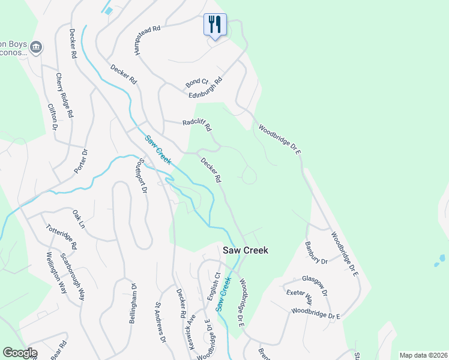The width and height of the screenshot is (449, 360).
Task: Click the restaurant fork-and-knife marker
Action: click(x=215, y=25)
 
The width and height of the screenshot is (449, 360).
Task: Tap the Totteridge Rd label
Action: click(x=62, y=237)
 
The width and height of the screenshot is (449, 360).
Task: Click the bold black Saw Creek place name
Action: click(x=246, y=250)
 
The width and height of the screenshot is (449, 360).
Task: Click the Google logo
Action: click(x=19, y=353)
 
